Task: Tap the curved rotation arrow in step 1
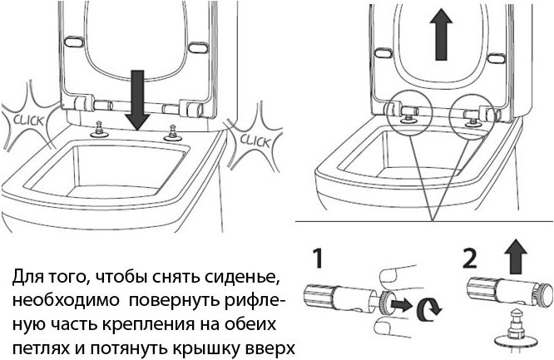click(x=430, y=309)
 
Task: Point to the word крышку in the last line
click(x=193, y=344)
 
